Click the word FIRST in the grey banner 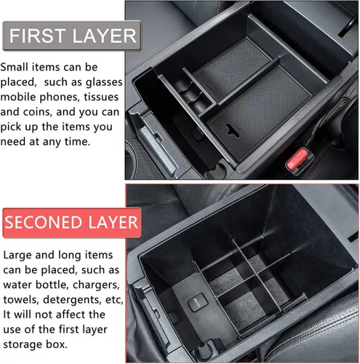tap(37, 36)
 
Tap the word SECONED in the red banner tap(44, 222)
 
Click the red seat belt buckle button tap(297, 159)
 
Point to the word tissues tap(101, 97)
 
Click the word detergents tap(73, 301)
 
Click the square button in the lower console tap(198, 302)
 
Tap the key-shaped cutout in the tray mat tap(233, 130)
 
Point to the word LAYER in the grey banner tap(105, 36)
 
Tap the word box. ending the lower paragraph tap(57, 344)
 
